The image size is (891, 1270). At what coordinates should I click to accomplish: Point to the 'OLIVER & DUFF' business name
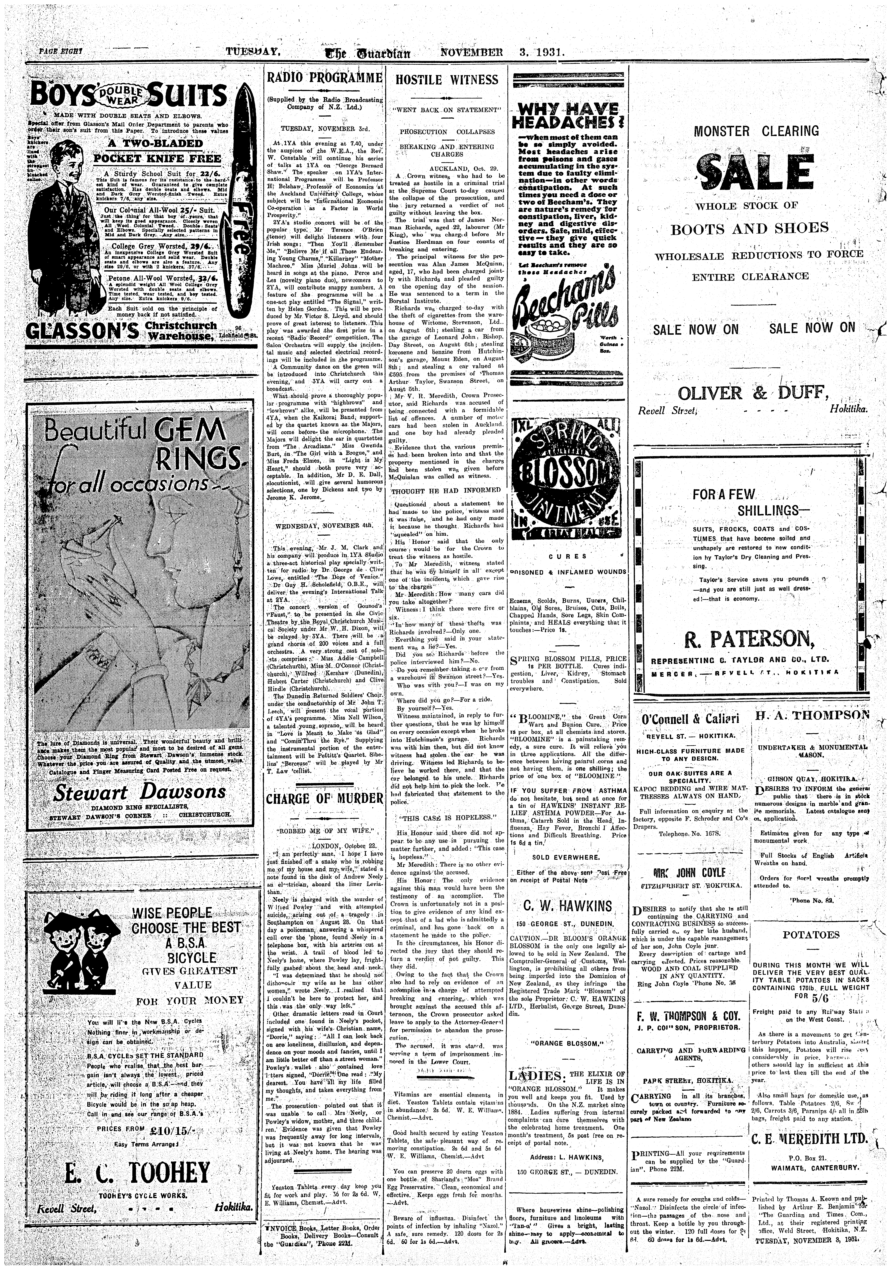point(753,393)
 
